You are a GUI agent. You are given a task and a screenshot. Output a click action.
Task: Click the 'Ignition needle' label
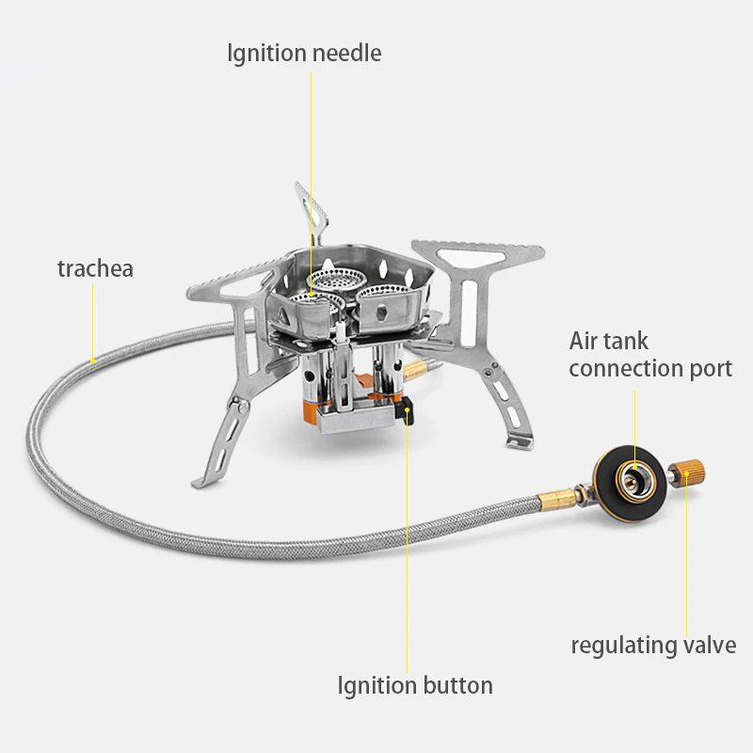coord(304,53)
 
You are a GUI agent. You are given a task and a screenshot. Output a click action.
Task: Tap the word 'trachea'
coord(95,268)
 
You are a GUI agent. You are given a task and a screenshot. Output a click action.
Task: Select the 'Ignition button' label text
coord(415,685)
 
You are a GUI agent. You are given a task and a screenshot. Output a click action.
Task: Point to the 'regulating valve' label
coord(653,645)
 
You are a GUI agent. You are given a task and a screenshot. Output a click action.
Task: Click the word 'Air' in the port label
coord(586,341)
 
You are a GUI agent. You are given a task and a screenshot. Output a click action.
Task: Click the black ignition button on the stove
coord(409,412)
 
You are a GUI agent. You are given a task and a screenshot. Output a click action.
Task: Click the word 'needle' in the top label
coord(349,53)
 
